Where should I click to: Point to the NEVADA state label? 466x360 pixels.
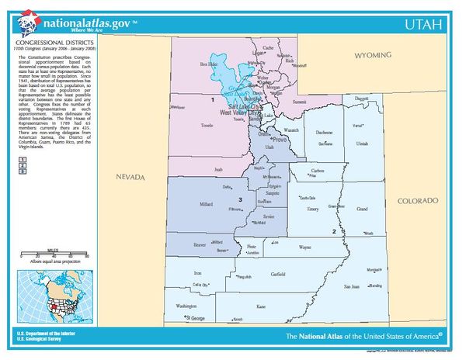130,178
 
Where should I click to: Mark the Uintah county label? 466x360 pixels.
362,144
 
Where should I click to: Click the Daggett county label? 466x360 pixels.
362,99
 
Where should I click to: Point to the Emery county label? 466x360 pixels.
313,209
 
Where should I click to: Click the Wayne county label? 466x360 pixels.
304,249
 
